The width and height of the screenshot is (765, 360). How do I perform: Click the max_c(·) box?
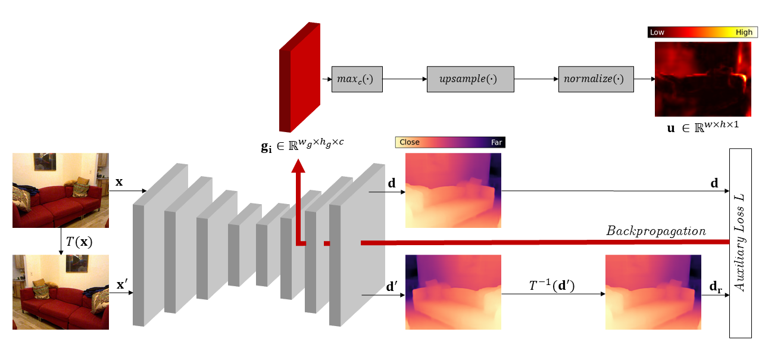pyautogui.click(x=357, y=79)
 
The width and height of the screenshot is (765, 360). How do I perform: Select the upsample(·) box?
pyautogui.click(x=470, y=79)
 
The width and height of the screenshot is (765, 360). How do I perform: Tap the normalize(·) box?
pyautogui.click(x=595, y=79)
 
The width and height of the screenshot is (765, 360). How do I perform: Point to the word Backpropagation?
pyautogui.click(x=656, y=231)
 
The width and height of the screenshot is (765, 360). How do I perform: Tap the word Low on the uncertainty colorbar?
pyautogui.click(x=657, y=33)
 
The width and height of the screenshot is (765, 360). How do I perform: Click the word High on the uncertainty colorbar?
pyautogui.click(x=744, y=33)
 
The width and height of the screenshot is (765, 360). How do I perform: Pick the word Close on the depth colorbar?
pyautogui.click(x=410, y=142)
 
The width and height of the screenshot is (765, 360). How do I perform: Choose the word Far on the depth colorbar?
pyautogui.click(x=496, y=142)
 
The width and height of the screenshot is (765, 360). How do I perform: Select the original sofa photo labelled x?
pyautogui.click(x=61, y=190)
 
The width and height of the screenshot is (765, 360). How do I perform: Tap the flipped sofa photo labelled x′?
pyautogui.click(x=61, y=292)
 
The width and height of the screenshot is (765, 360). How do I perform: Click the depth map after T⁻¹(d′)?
pyautogui.click(x=653, y=292)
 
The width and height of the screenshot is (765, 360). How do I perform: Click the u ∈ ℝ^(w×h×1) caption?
pyautogui.click(x=702, y=127)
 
